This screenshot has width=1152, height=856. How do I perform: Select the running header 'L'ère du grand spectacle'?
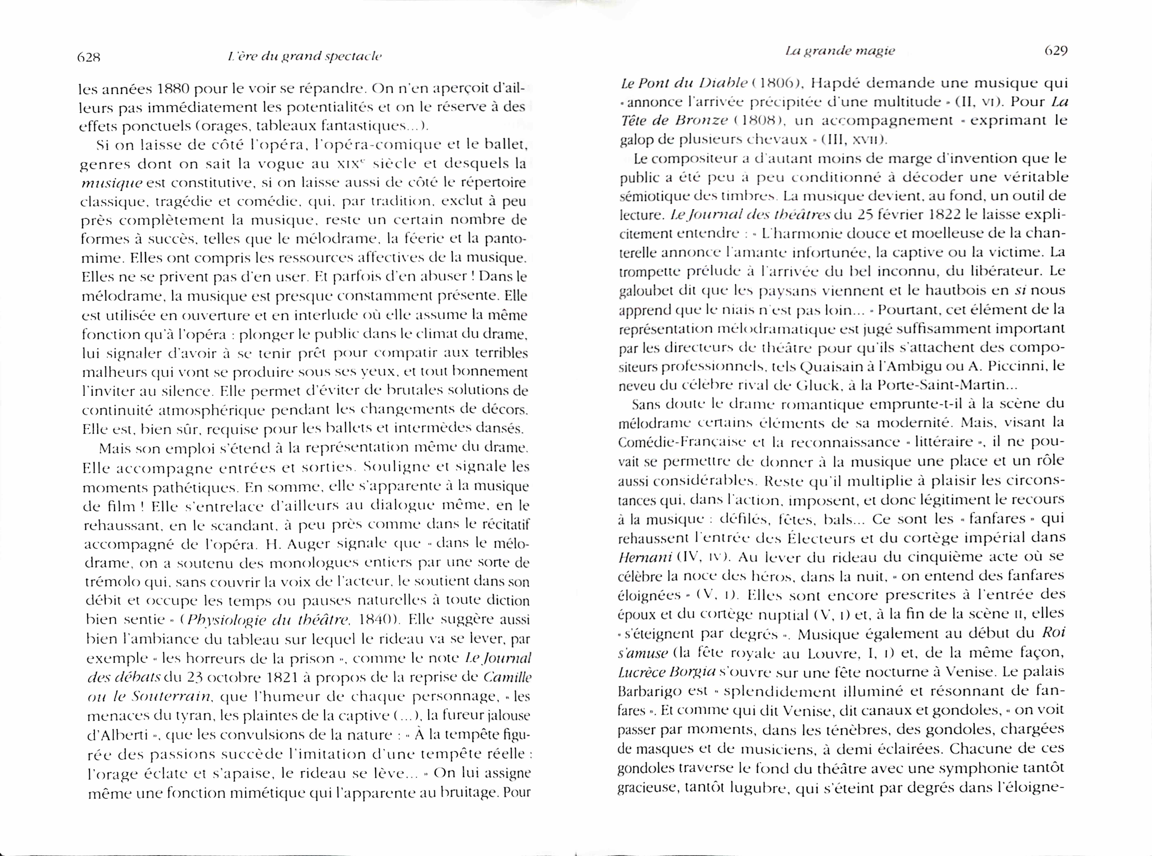coord(305,56)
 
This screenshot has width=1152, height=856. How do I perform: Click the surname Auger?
coord(308,544)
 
